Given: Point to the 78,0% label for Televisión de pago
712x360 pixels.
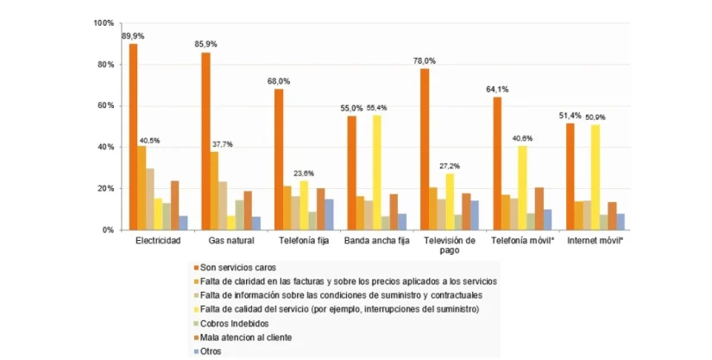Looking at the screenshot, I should click(424, 61).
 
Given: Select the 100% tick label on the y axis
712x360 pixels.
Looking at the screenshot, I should click(101, 23).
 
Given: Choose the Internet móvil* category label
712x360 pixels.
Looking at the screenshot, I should click(594, 241).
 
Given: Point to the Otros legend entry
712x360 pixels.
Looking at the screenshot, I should click(212, 351).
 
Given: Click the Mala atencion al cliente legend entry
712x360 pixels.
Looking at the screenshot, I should click(249, 338).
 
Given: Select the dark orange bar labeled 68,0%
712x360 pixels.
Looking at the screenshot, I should click(279, 160).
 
